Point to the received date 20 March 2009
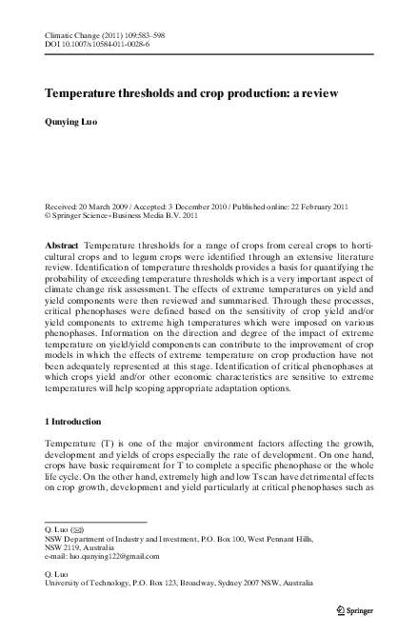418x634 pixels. coord(107,208)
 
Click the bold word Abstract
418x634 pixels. coord(63,246)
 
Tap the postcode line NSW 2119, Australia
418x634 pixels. coord(85,547)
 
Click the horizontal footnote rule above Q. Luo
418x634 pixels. coord(95,521)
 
